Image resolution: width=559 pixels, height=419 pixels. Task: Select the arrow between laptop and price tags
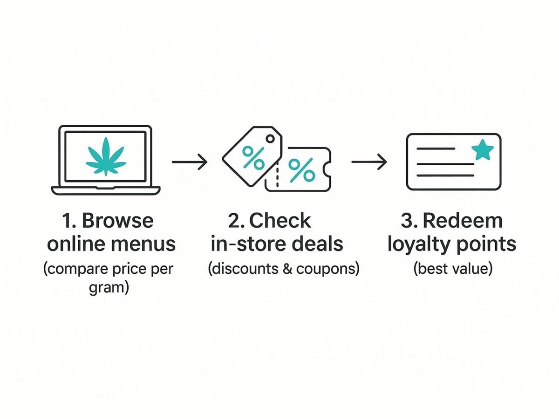[x=189, y=162]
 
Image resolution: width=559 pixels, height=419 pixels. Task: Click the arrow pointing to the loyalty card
[x=369, y=162]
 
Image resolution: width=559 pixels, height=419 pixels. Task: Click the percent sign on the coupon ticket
[x=301, y=170]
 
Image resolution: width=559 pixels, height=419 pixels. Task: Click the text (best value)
[x=452, y=269]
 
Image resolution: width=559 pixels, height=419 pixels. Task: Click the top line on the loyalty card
[x=436, y=149]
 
